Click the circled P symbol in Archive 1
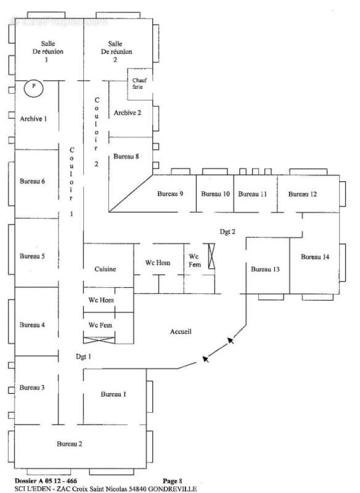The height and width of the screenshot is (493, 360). point(34,88)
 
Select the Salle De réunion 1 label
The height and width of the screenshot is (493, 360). point(48,51)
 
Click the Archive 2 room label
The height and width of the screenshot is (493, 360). point(128,113)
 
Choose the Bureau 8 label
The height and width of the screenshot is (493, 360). point(126,157)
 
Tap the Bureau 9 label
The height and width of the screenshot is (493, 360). point(170,194)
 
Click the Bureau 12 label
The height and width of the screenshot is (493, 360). point(303,194)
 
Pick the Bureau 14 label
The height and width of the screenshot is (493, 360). point(315,257)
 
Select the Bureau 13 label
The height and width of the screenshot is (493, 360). point(265,269)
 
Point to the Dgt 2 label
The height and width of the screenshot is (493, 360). point(227,232)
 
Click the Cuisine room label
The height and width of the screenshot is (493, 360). point(105,269)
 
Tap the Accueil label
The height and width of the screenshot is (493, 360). point(181,332)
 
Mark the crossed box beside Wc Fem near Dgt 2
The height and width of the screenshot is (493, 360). point(211,256)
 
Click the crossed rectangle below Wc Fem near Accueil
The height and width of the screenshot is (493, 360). point(99,340)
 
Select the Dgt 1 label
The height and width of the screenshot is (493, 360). point(83,357)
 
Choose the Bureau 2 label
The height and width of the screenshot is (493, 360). point(70,444)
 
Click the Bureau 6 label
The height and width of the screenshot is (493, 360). point(33,181)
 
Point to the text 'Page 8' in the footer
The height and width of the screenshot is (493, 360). point(173,481)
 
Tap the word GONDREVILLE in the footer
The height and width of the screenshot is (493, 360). point(173,489)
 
